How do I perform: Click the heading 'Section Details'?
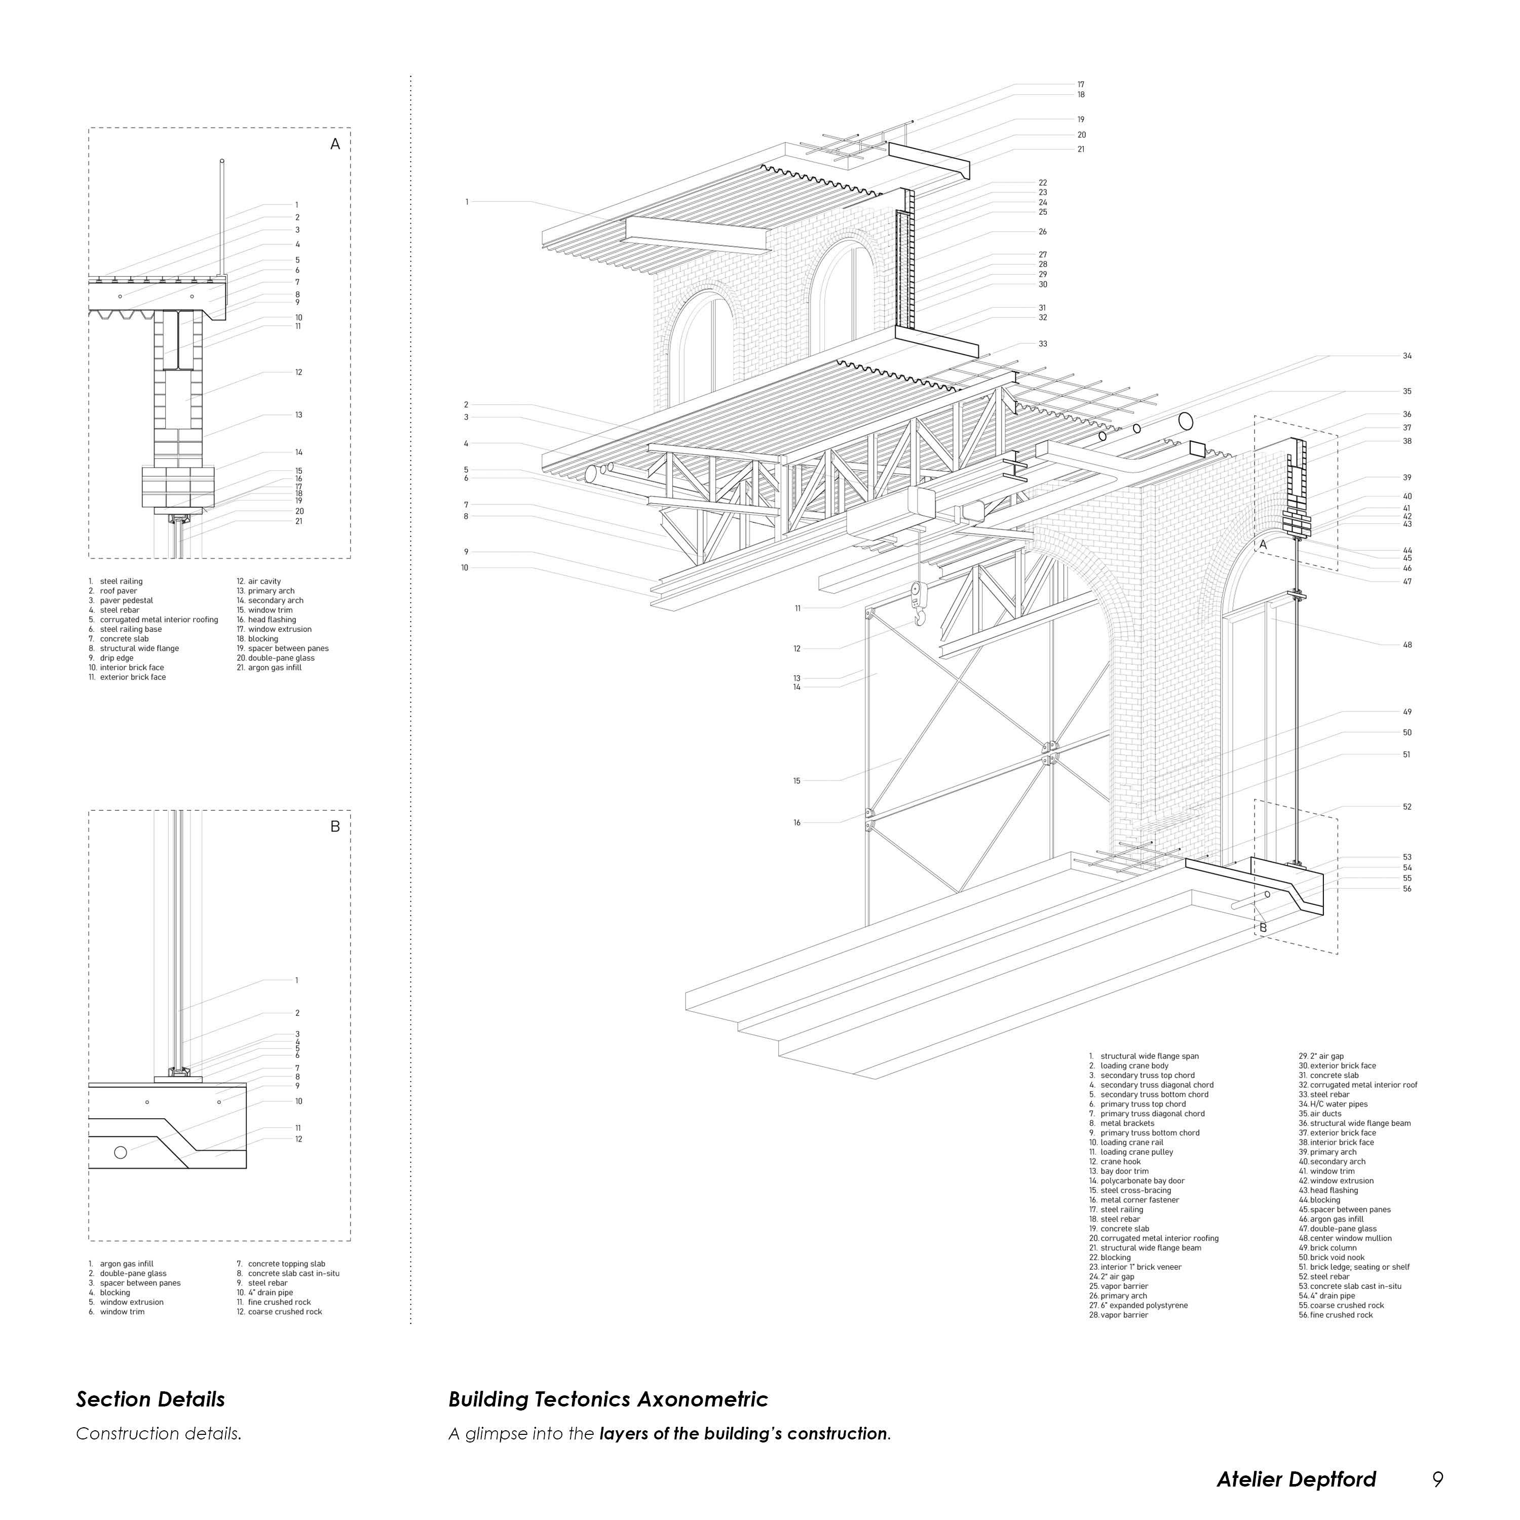[150, 1399]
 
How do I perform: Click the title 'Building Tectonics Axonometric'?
[607, 1399]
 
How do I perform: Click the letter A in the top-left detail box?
[335, 144]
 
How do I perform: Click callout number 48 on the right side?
[1408, 645]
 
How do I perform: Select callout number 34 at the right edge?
[1408, 356]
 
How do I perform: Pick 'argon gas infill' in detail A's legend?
[275, 668]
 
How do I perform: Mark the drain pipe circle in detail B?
[121, 1153]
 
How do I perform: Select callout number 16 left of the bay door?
[797, 823]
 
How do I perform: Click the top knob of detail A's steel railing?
[222, 161]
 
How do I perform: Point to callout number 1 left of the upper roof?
[467, 202]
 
